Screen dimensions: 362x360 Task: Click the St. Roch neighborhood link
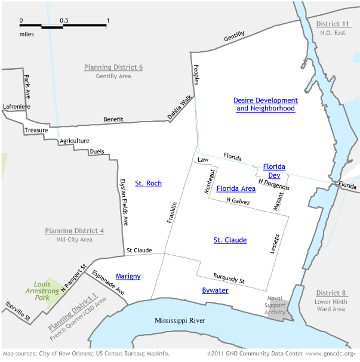pyautogui.click(x=148, y=183)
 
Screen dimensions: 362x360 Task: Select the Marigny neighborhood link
pyautogui.click(x=128, y=276)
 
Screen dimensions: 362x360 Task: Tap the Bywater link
pyautogui.click(x=215, y=290)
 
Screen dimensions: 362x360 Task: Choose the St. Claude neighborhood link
pyautogui.click(x=230, y=240)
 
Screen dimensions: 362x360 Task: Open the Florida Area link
pyautogui.click(x=236, y=188)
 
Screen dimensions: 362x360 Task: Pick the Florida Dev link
pyautogui.click(x=274, y=171)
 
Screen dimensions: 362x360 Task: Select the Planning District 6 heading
pyautogui.click(x=113, y=67)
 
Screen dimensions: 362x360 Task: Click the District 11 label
pyautogui.click(x=331, y=23)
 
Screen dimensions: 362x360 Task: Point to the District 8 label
pyautogui.click(x=331, y=293)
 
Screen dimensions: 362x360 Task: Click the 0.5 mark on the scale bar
pyautogui.click(x=64, y=21)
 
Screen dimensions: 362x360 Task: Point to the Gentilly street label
pyautogui.click(x=234, y=36)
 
